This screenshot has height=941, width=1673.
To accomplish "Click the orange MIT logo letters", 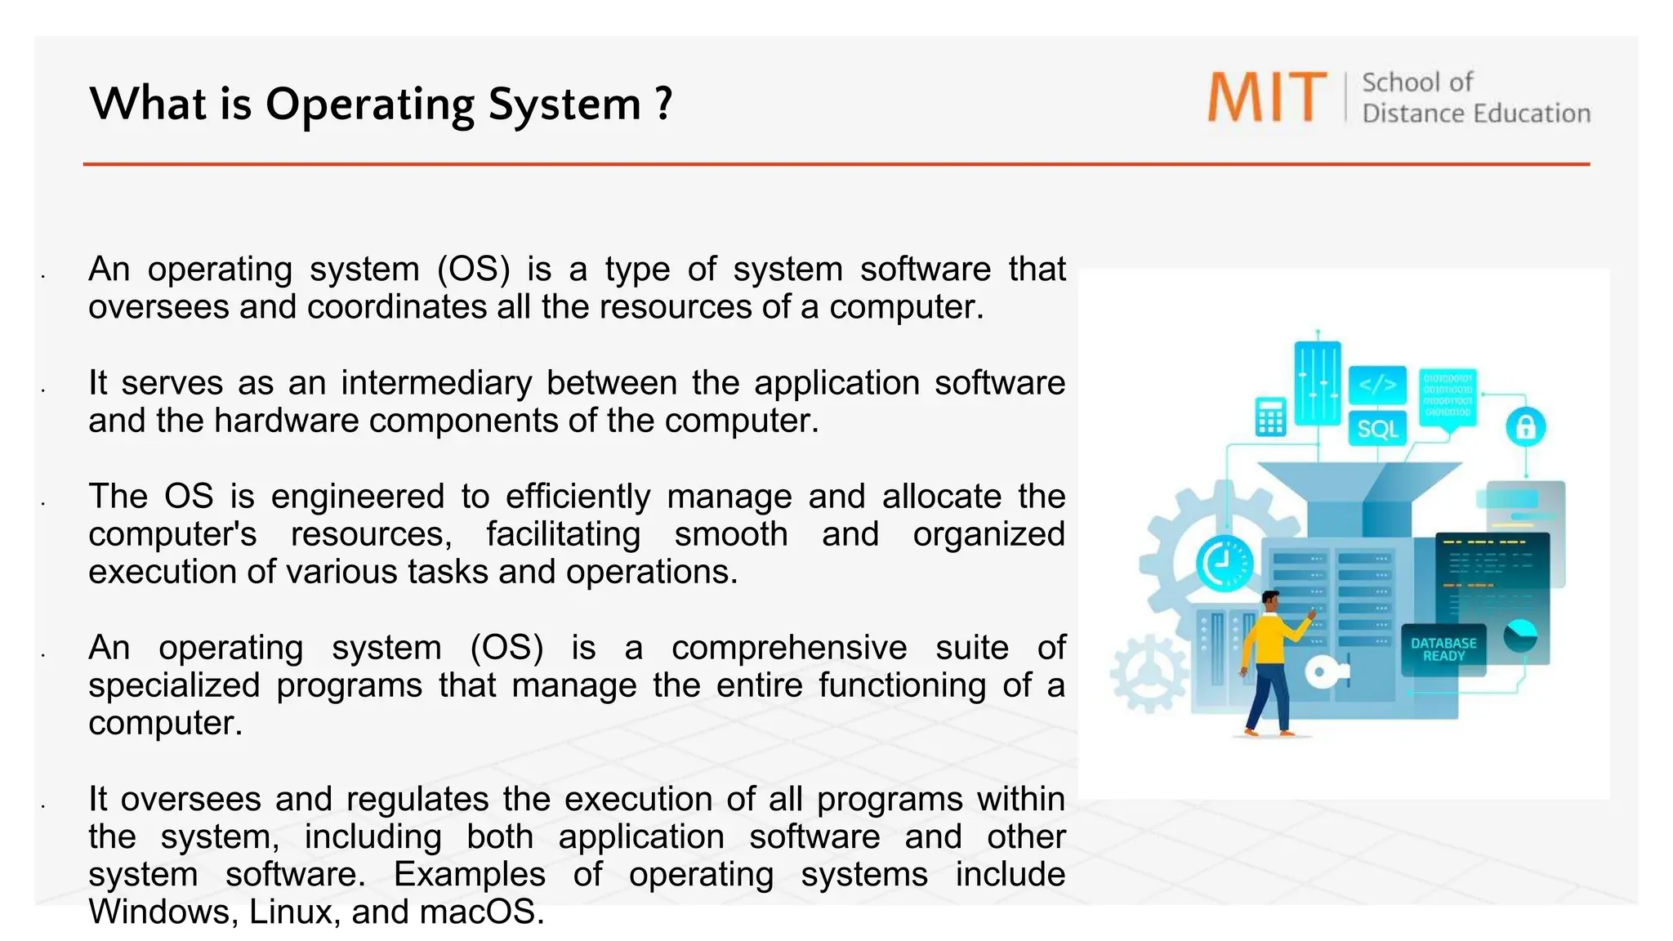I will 1266,97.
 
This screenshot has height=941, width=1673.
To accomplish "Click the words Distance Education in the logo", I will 1475,114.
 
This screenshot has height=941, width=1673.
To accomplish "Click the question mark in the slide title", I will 663,104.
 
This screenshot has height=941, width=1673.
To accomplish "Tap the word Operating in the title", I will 369,105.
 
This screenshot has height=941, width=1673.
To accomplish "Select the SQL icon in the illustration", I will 1377,429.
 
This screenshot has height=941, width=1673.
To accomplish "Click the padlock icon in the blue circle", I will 1525,426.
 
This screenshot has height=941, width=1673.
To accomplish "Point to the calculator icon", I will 1270,417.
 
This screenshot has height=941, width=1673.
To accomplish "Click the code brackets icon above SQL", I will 1377,385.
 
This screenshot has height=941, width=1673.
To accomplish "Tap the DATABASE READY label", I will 1443,649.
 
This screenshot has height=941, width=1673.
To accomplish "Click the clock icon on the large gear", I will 1223,563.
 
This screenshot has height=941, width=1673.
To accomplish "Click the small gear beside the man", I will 1149,673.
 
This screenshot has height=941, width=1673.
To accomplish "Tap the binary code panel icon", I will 1448,396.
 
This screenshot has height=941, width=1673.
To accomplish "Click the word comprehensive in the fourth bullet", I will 788,648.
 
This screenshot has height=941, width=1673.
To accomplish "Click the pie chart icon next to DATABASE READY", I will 1520,636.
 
